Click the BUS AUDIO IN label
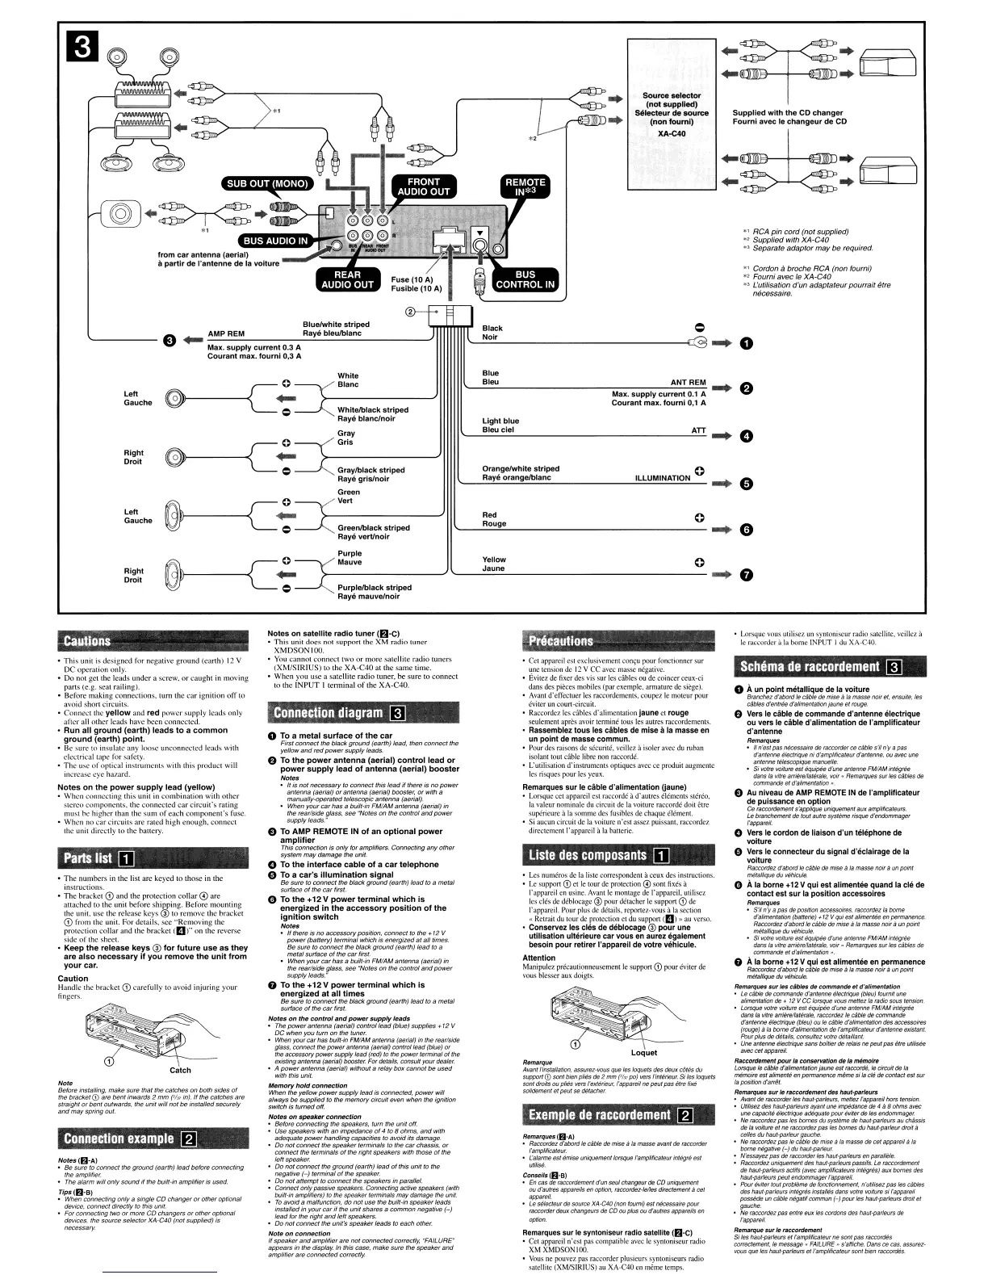(276, 241)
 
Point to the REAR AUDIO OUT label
(349, 279)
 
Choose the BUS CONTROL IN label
(525, 279)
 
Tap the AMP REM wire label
(226, 333)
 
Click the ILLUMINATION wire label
(662, 478)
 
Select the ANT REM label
(688, 383)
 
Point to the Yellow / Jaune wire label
(493, 564)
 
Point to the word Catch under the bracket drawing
(180, 1071)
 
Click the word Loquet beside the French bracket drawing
(643, 1053)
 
